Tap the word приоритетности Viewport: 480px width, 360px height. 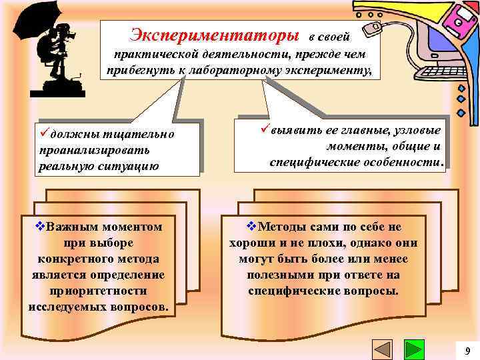coord(99,291)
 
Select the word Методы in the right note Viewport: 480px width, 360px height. coord(280,227)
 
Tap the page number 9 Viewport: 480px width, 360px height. coord(467,351)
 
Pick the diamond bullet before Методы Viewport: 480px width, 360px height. coord(251,227)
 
